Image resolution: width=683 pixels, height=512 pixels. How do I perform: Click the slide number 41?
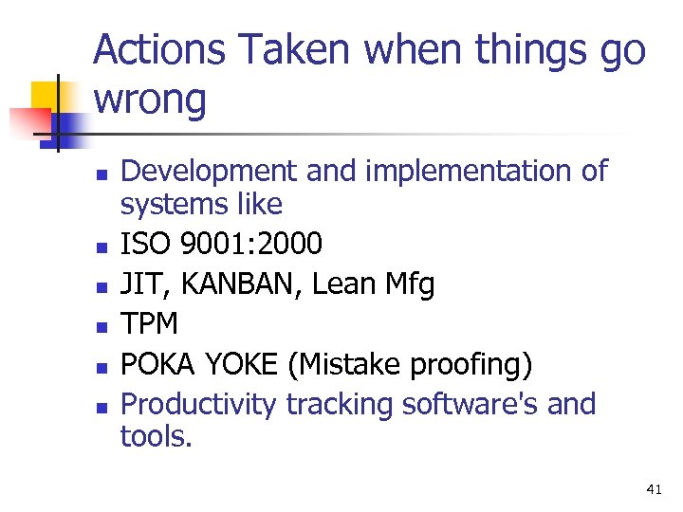[x=653, y=489]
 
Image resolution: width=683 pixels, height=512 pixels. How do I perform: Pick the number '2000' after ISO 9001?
[x=288, y=245]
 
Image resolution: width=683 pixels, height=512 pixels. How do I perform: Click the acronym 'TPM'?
[x=150, y=324]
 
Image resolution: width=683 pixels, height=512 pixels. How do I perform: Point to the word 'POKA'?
[x=157, y=364]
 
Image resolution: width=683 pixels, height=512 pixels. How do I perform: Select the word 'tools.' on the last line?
[x=156, y=437]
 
